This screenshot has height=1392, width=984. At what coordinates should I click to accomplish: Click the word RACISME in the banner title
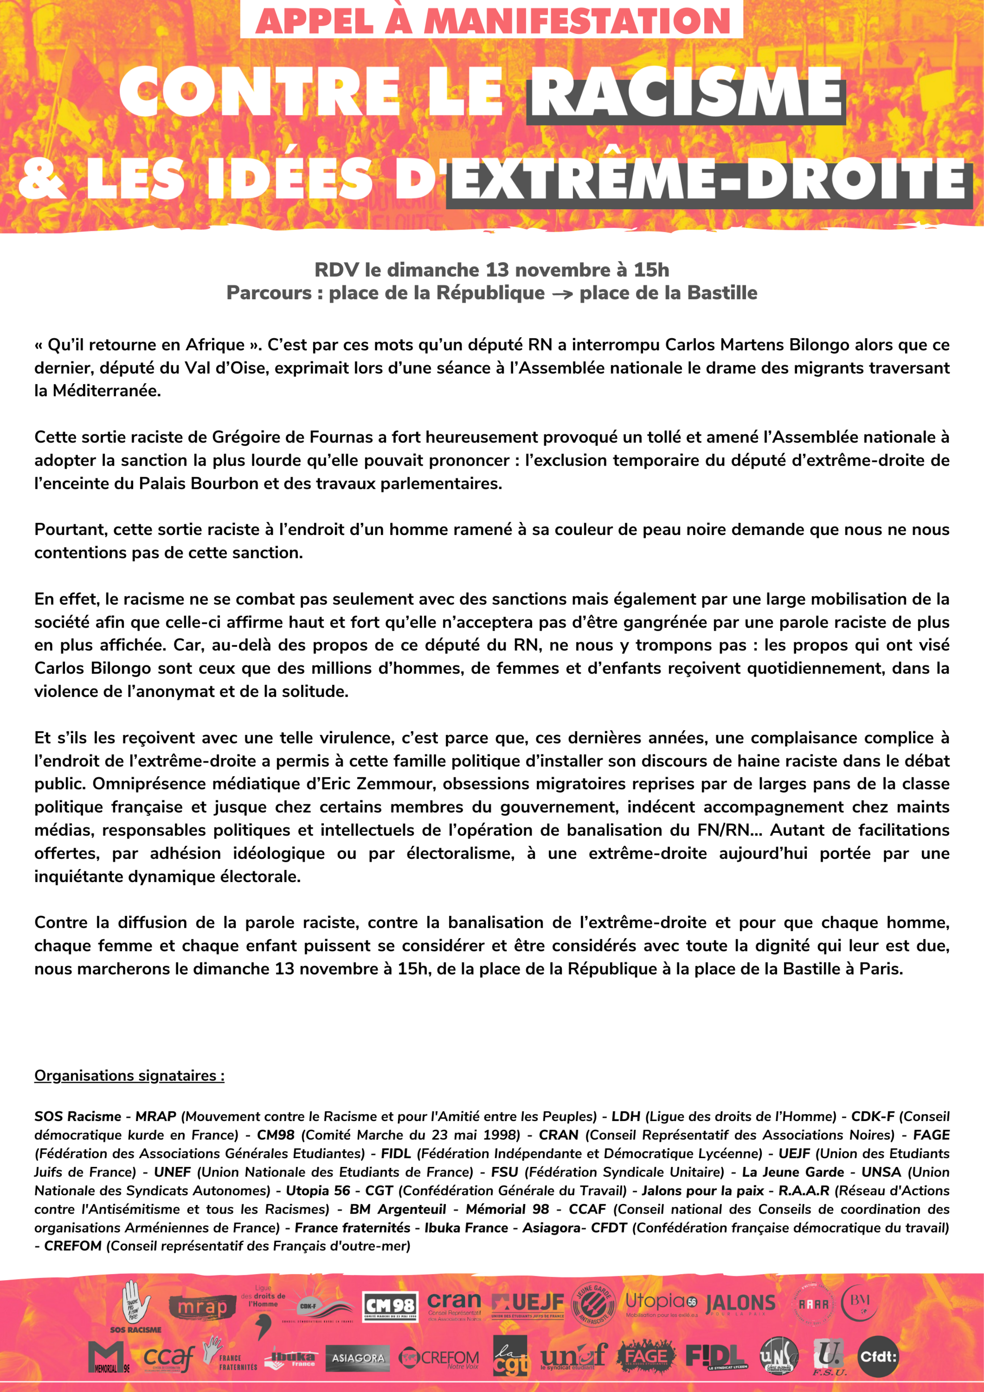(686, 93)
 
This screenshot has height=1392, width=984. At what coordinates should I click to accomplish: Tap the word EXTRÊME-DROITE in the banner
(709, 181)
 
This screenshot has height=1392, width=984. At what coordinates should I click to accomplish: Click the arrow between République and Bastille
(562, 294)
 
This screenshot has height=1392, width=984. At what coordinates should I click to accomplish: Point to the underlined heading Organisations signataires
(129, 1075)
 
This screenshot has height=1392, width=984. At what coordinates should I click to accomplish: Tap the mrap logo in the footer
(202, 1307)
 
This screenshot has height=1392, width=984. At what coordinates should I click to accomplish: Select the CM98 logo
(390, 1307)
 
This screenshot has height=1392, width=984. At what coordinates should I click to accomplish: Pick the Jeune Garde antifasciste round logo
(593, 1303)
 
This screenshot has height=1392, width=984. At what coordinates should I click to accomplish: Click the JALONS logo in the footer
(741, 1303)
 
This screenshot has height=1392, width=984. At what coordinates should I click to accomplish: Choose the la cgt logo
(509, 1356)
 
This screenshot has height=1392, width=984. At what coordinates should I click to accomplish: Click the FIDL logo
(716, 1356)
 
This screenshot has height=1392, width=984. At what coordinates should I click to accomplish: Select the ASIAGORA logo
(358, 1358)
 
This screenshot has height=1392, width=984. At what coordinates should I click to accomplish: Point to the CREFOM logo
(440, 1358)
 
